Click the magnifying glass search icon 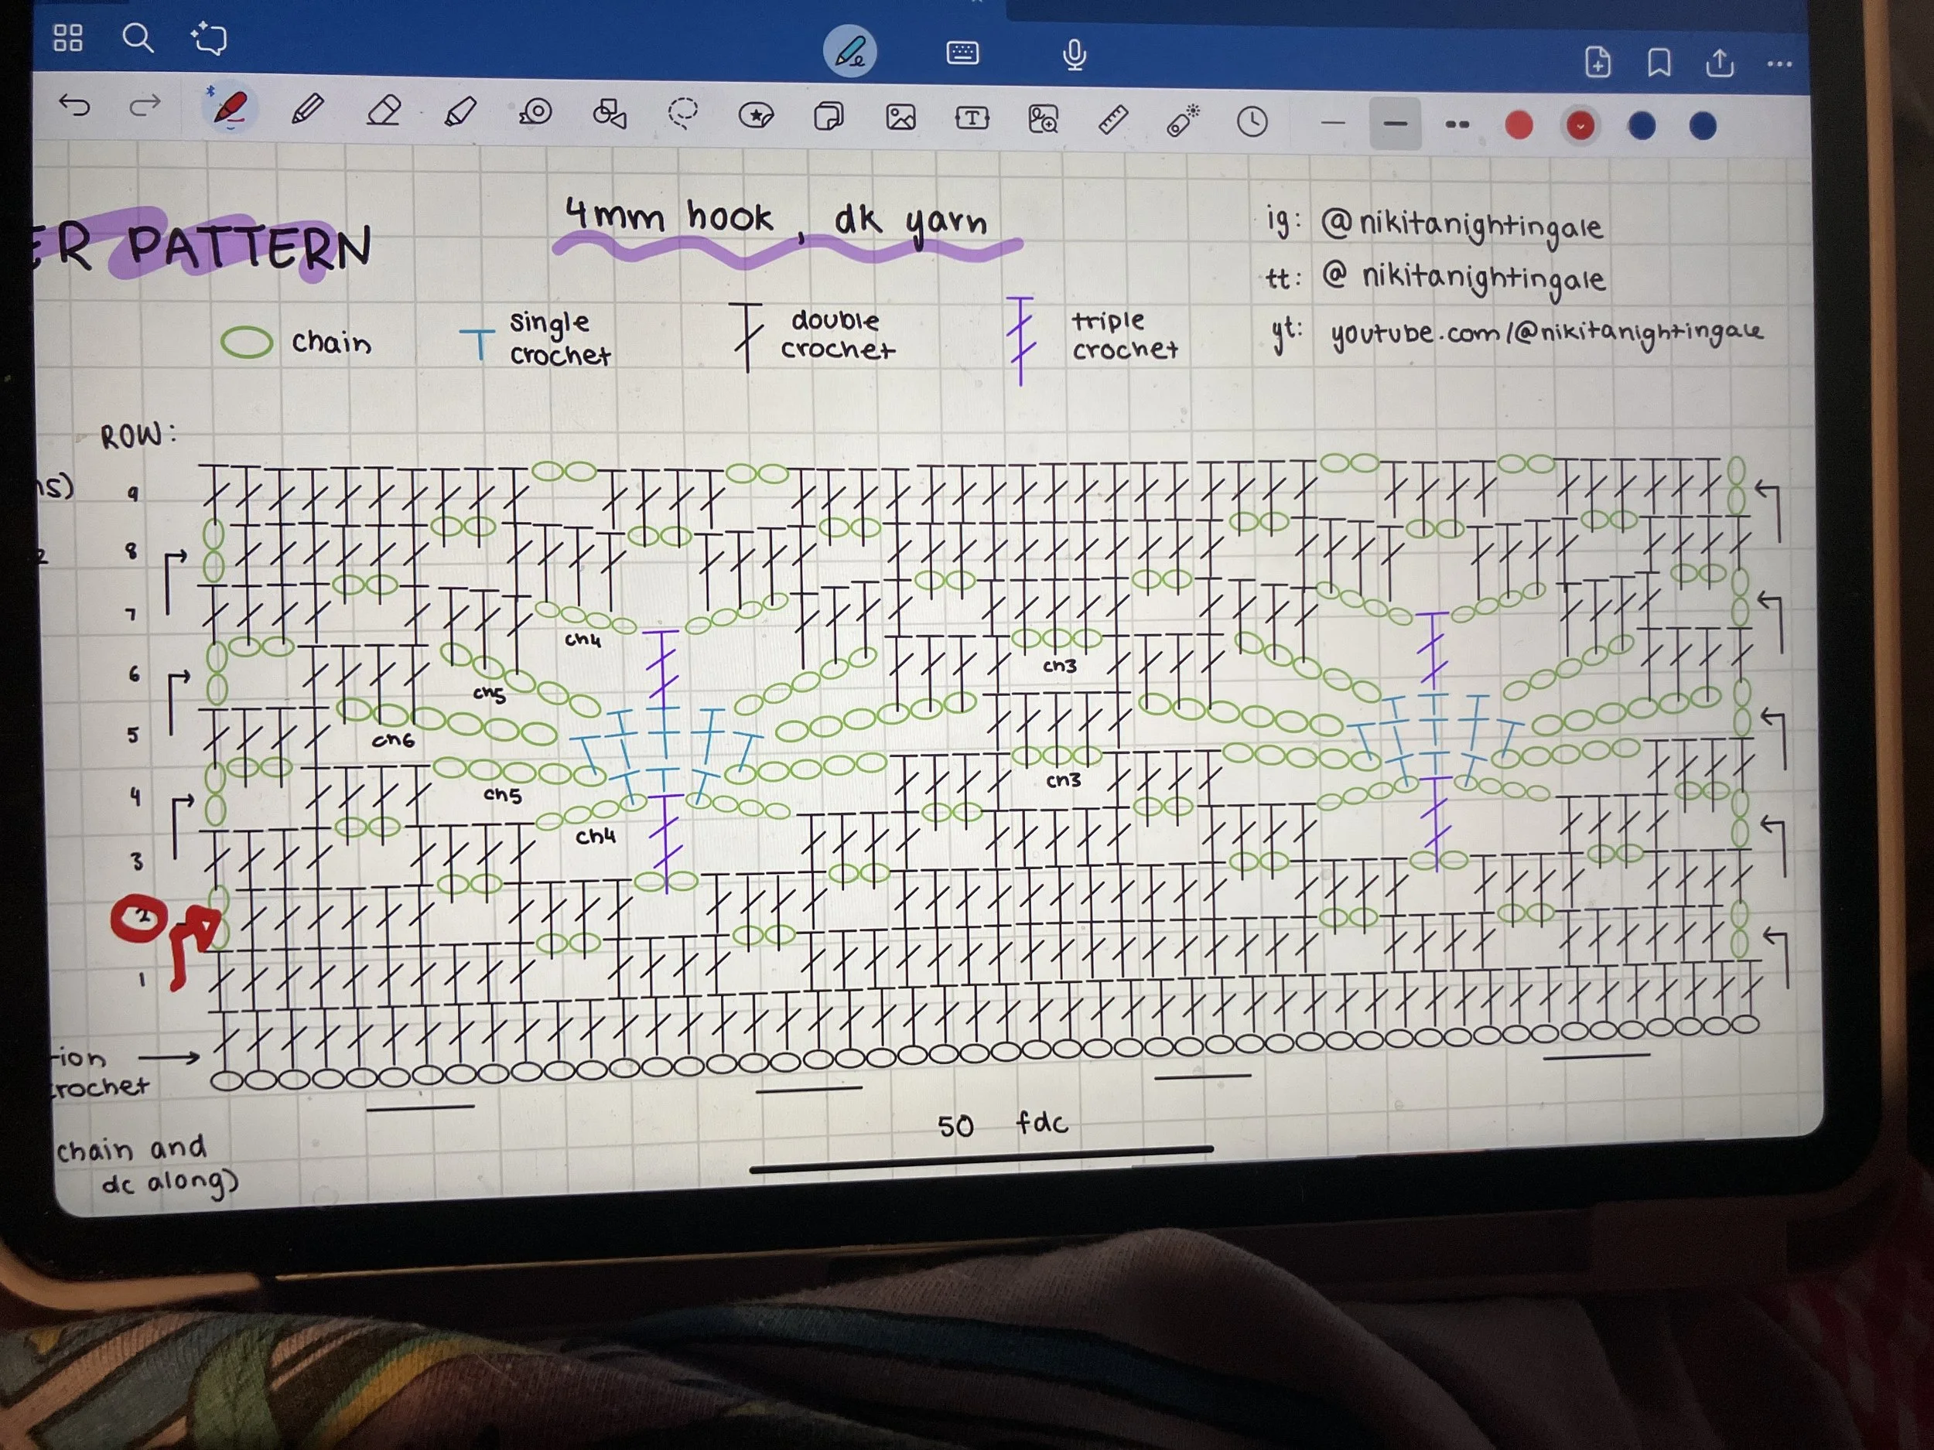pos(137,39)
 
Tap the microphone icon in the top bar pos(1075,55)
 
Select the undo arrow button pos(75,107)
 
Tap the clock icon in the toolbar pos(1252,121)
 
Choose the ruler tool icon pos(1112,120)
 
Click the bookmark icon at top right pos(1659,63)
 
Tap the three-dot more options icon pos(1779,64)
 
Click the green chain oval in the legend pos(247,343)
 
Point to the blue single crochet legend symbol pos(477,343)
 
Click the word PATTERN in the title pos(249,247)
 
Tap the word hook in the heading pos(730,217)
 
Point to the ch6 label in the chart pos(392,740)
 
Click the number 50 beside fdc pos(955,1126)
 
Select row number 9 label pos(133,494)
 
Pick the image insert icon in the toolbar pos(900,117)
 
